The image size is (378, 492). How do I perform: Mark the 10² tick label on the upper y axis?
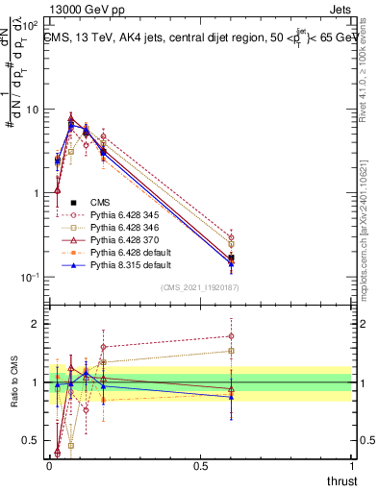coord(29,26)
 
